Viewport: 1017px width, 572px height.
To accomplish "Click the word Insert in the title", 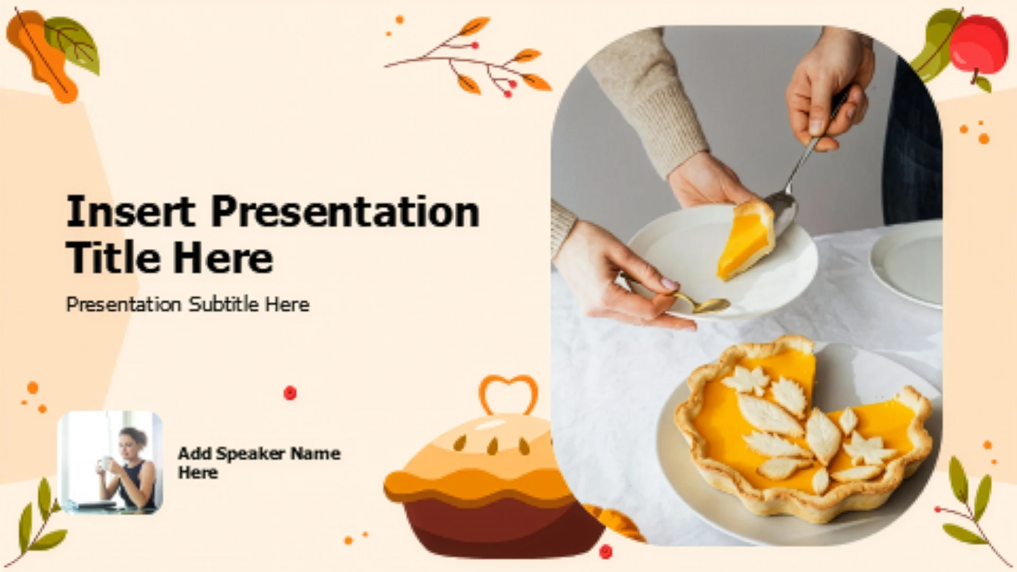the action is pos(131,211).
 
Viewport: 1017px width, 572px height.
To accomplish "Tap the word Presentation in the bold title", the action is pos(345,211).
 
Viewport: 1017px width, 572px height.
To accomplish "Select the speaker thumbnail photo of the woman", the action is pos(110,462).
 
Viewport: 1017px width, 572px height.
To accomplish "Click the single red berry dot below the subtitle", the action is pos(290,392).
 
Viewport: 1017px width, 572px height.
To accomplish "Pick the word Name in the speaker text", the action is pos(316,453).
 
